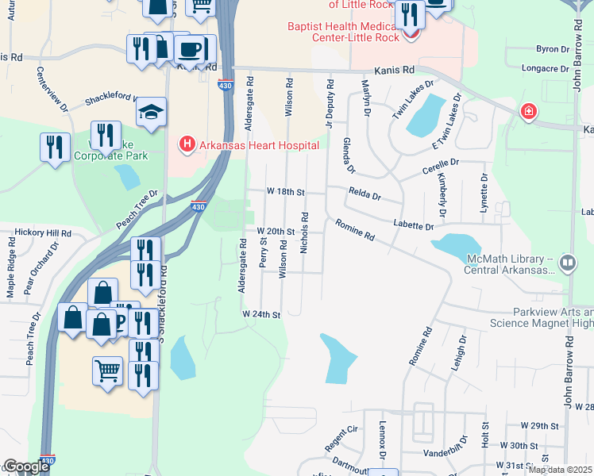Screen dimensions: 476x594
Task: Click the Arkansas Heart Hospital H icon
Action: click(x=187, y=144)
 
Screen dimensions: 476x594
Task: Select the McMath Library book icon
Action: click(x=567, y=263)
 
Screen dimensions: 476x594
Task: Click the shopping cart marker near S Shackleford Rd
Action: click(x=107, y=370)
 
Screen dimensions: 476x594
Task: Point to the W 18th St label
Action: click(x=285, y=192)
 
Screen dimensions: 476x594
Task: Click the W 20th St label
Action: click(x=276, y=231)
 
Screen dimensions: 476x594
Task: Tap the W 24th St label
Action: click(x=262, y=315)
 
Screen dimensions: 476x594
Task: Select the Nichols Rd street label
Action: click(x=304, y=232)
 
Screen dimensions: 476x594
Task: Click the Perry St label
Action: click(x=263, y=251)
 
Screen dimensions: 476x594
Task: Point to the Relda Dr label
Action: click(x=365, y=196)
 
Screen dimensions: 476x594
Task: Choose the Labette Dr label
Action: click(x=413, y=226)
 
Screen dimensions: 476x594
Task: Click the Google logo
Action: click(x=25, y=466)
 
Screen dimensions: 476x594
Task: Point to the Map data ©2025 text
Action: click(x=560, y=470)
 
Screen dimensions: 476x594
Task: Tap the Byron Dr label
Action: click(x=548, y=49)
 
